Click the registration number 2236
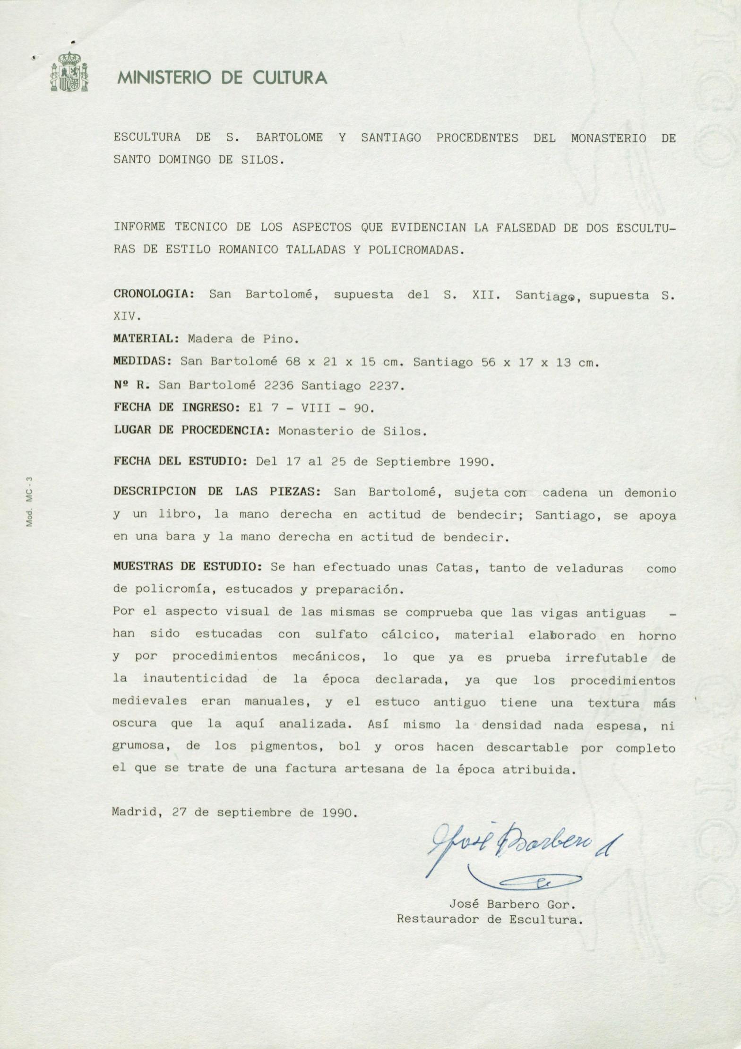pos(279,385)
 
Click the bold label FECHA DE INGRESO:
pos(177,407)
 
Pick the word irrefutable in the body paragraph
pos(606,658)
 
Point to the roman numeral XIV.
pos(127,317)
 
